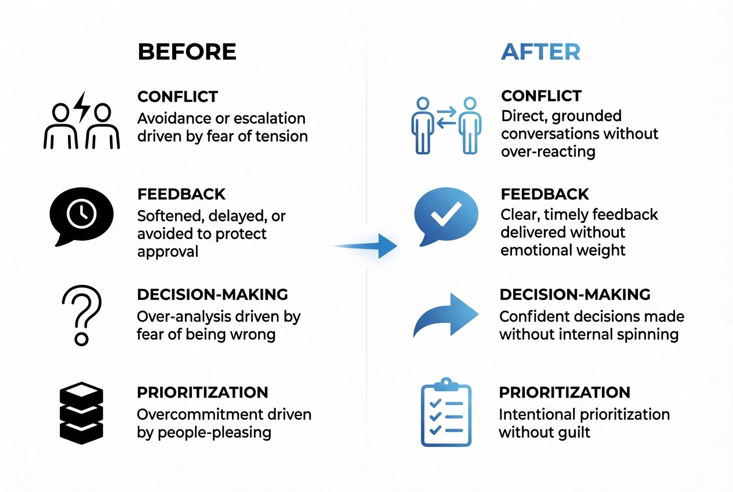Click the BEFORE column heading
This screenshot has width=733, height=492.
coord(187,52)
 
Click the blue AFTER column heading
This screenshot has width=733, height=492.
coord(540,52)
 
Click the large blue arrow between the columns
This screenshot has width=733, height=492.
coord(365,245)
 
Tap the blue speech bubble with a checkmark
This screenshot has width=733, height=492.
coord(447,216)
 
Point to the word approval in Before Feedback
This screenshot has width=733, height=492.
coord(168,251)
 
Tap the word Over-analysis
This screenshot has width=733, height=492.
coord(179,317)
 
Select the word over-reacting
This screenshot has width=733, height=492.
coord(548,151)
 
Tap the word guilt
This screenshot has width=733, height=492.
coord(574,432)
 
